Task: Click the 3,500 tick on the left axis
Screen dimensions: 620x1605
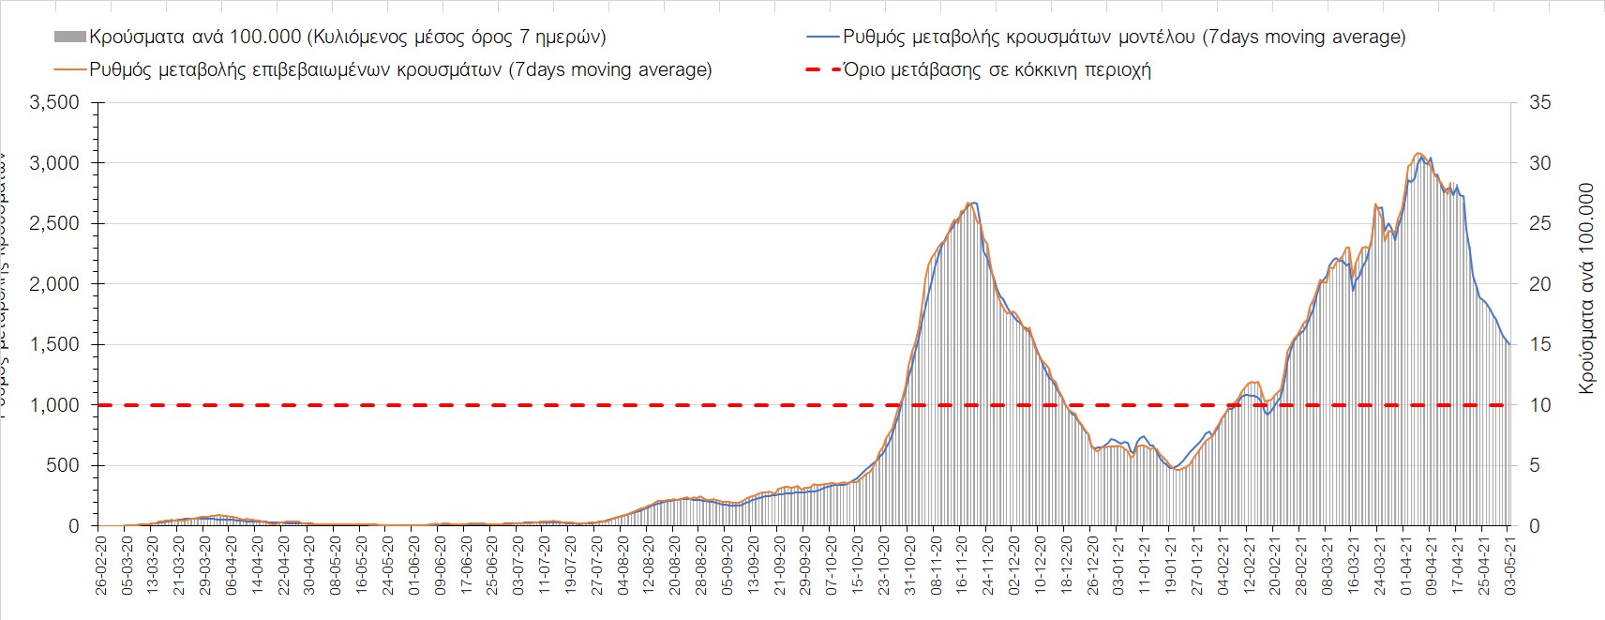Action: tap(55, 102)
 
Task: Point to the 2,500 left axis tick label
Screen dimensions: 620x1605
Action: tap(55, 223)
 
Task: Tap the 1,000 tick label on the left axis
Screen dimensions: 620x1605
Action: tap(55, 405)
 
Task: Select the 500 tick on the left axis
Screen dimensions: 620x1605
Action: tap(63, 466)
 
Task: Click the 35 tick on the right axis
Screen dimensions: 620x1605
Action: tap(1540, 102)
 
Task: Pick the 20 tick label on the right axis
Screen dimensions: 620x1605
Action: tap(1540, 284)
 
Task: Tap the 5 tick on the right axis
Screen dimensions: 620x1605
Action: tap(1536, 466)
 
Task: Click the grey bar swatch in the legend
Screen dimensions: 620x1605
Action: tap(70, 38)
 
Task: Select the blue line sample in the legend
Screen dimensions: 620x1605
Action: tap(820, 38)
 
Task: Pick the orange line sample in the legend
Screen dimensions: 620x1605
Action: tap(70, 70)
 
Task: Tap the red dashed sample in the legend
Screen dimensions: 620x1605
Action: tap(820, 70)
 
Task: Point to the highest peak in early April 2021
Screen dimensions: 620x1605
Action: tap(1419, 154)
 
